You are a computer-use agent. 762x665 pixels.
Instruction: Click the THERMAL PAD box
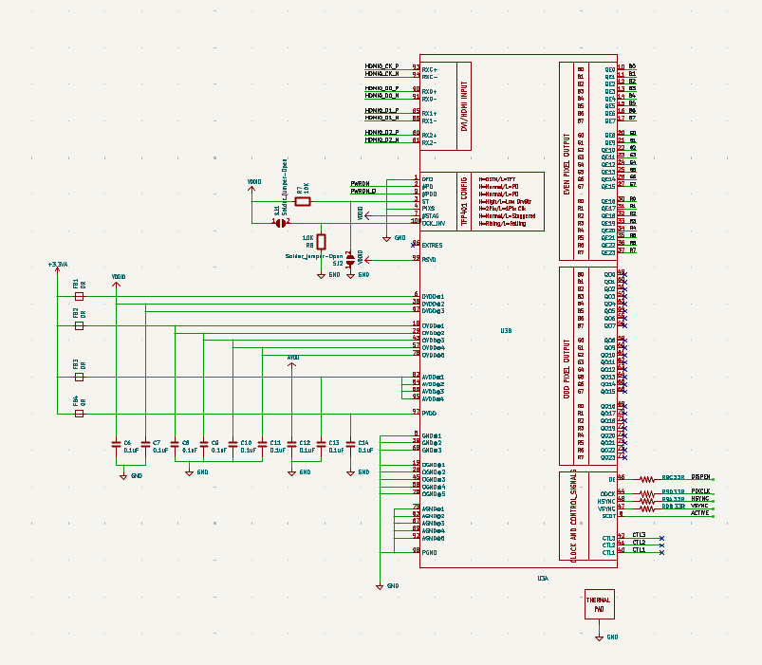tap(599, 605)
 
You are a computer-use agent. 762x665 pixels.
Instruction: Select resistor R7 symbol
tap(303, 201)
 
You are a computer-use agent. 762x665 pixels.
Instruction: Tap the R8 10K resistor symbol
tap(321, 241)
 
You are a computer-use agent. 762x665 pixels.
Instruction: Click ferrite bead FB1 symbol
tap(79, 296)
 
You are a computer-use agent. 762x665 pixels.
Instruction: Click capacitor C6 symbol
tap(116, 443)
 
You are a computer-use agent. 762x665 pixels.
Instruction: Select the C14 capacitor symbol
tap(350, 443)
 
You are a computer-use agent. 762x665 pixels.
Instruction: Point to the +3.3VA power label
tap(58, 264)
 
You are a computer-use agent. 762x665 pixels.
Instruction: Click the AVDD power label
tap(293, 358)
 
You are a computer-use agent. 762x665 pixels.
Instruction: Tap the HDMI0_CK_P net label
tap(381, 66)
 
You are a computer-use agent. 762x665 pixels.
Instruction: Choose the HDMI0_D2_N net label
tap(381, 140)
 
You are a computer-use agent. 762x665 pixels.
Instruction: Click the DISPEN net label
tap(701, 476)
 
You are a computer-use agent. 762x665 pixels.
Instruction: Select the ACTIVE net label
tap(699, 512)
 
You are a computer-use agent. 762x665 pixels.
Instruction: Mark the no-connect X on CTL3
tap(661, 538)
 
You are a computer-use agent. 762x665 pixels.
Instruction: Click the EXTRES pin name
tap(433, 245)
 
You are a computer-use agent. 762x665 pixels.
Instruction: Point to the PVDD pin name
tap(429, 413)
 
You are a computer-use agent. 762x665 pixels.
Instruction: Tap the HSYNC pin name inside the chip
tap(606, 501)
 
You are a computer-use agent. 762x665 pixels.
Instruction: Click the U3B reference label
tap(506, 331)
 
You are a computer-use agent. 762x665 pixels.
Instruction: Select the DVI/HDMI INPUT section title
tap(464, 103)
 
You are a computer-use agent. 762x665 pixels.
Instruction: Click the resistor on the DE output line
tap(647, 480)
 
